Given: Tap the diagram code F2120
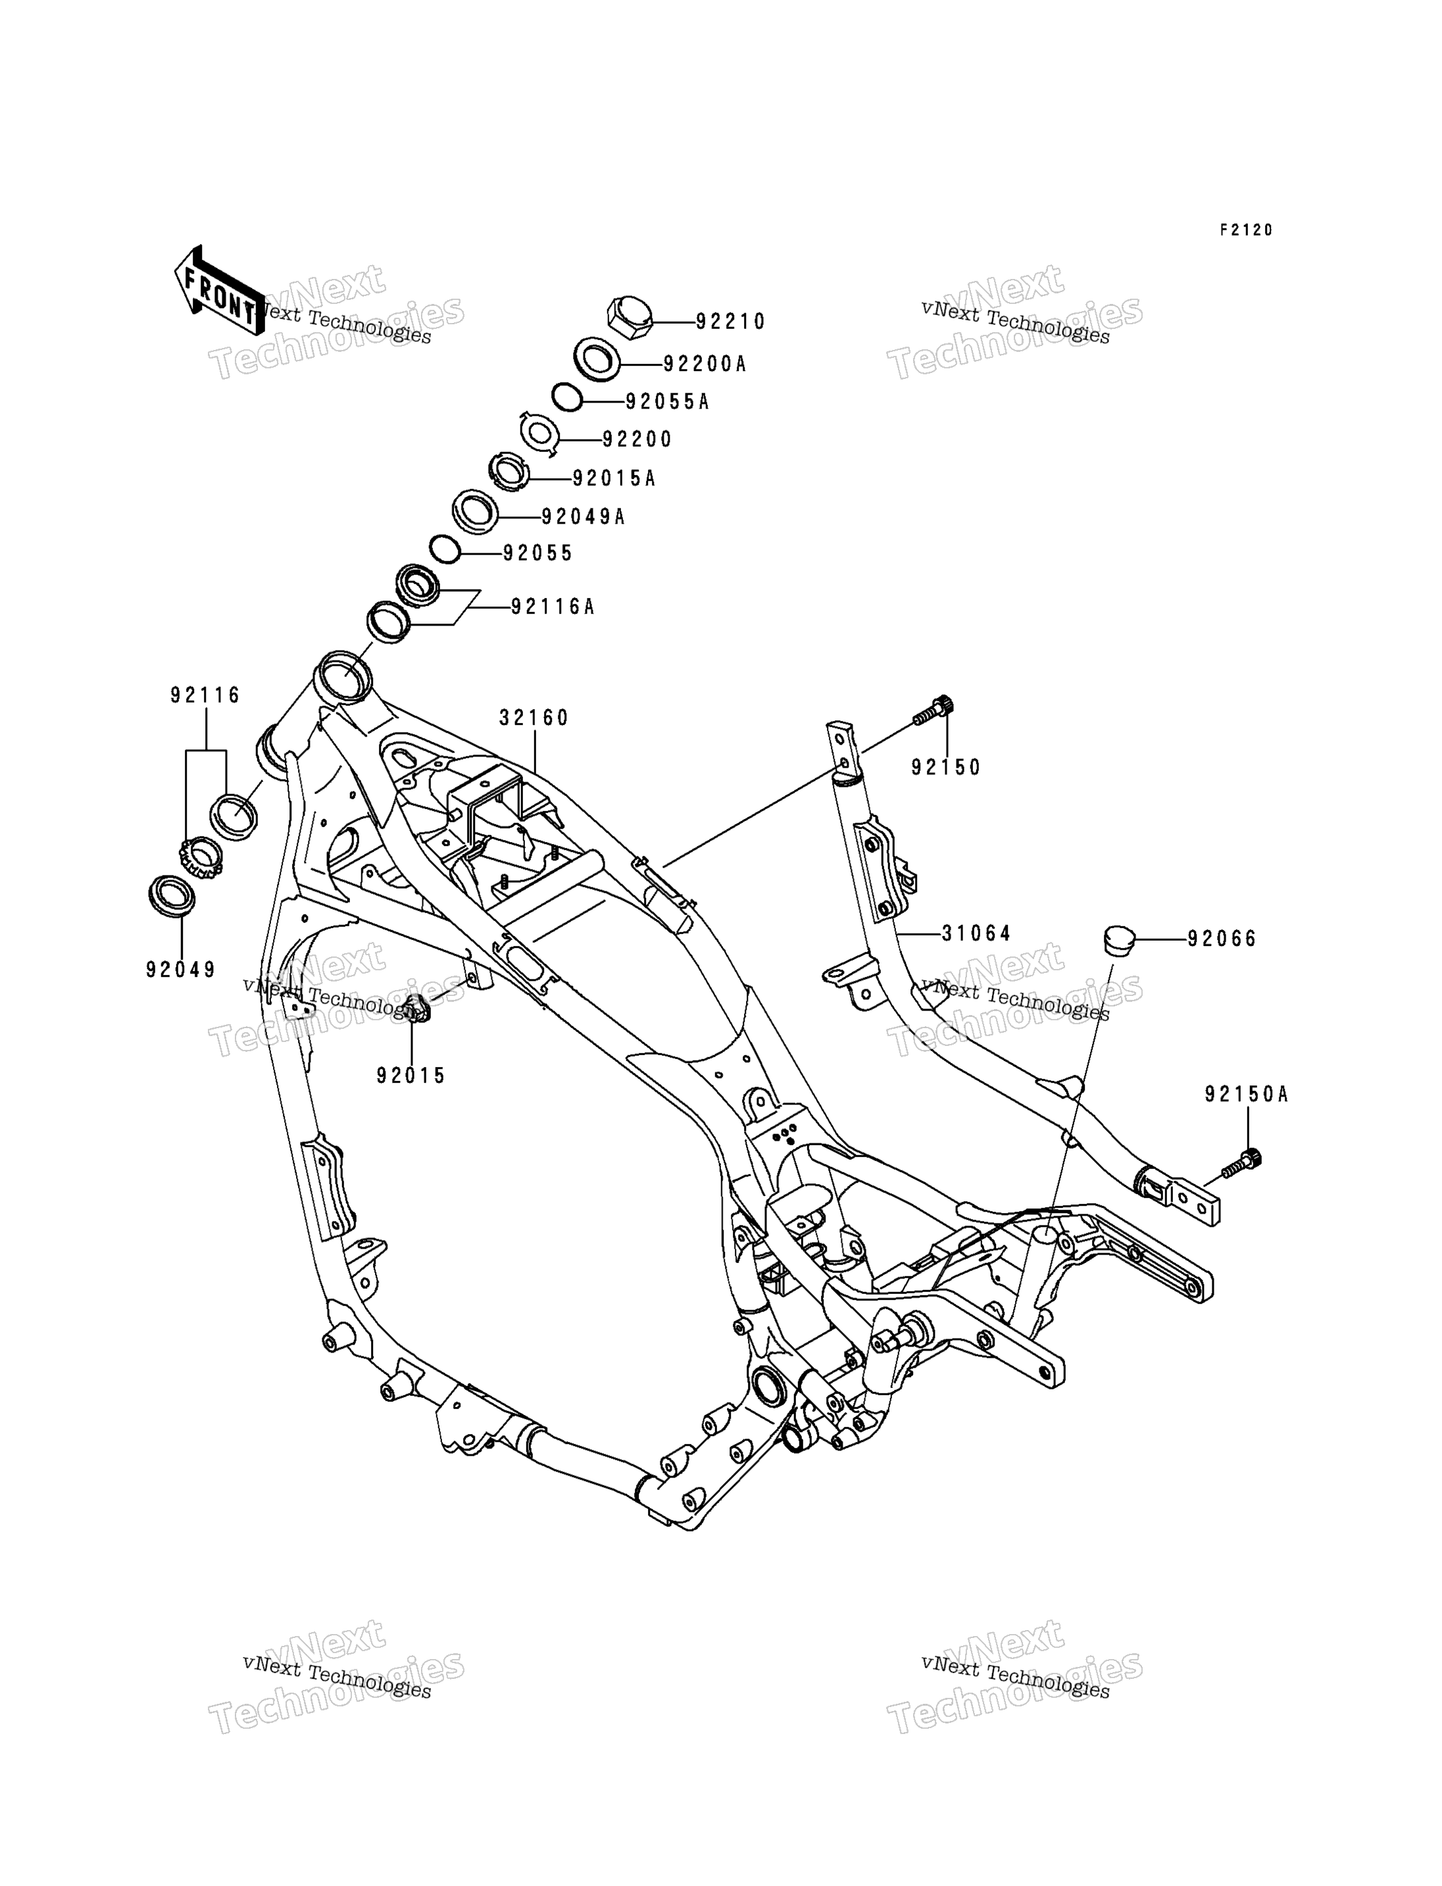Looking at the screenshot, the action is [1247, 230].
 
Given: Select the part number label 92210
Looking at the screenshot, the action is [730, 322].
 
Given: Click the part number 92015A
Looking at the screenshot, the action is [614, 478].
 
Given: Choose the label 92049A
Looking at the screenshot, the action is [583, 517].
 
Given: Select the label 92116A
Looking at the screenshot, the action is [553, 607].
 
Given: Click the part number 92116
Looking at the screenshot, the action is [205, 695].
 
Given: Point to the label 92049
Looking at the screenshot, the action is [181, 970].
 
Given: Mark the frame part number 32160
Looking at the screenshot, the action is [534, 718].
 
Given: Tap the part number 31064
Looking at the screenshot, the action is [977, 933].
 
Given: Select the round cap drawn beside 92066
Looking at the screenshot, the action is [1119, 938].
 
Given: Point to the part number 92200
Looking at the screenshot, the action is [637, 439].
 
